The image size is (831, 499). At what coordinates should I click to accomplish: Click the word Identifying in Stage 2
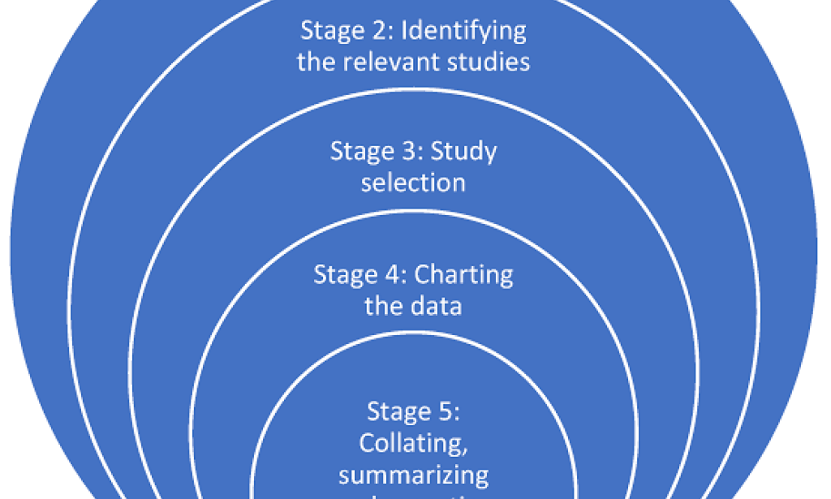click(466, 32)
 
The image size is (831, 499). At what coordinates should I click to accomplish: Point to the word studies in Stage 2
click(488, 62)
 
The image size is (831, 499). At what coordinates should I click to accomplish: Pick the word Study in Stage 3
click(463, 153)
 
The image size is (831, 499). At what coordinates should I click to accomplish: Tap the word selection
click(413, 182)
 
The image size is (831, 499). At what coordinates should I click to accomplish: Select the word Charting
click(463, 274)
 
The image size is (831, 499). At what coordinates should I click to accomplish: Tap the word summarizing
click(413, 475)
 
